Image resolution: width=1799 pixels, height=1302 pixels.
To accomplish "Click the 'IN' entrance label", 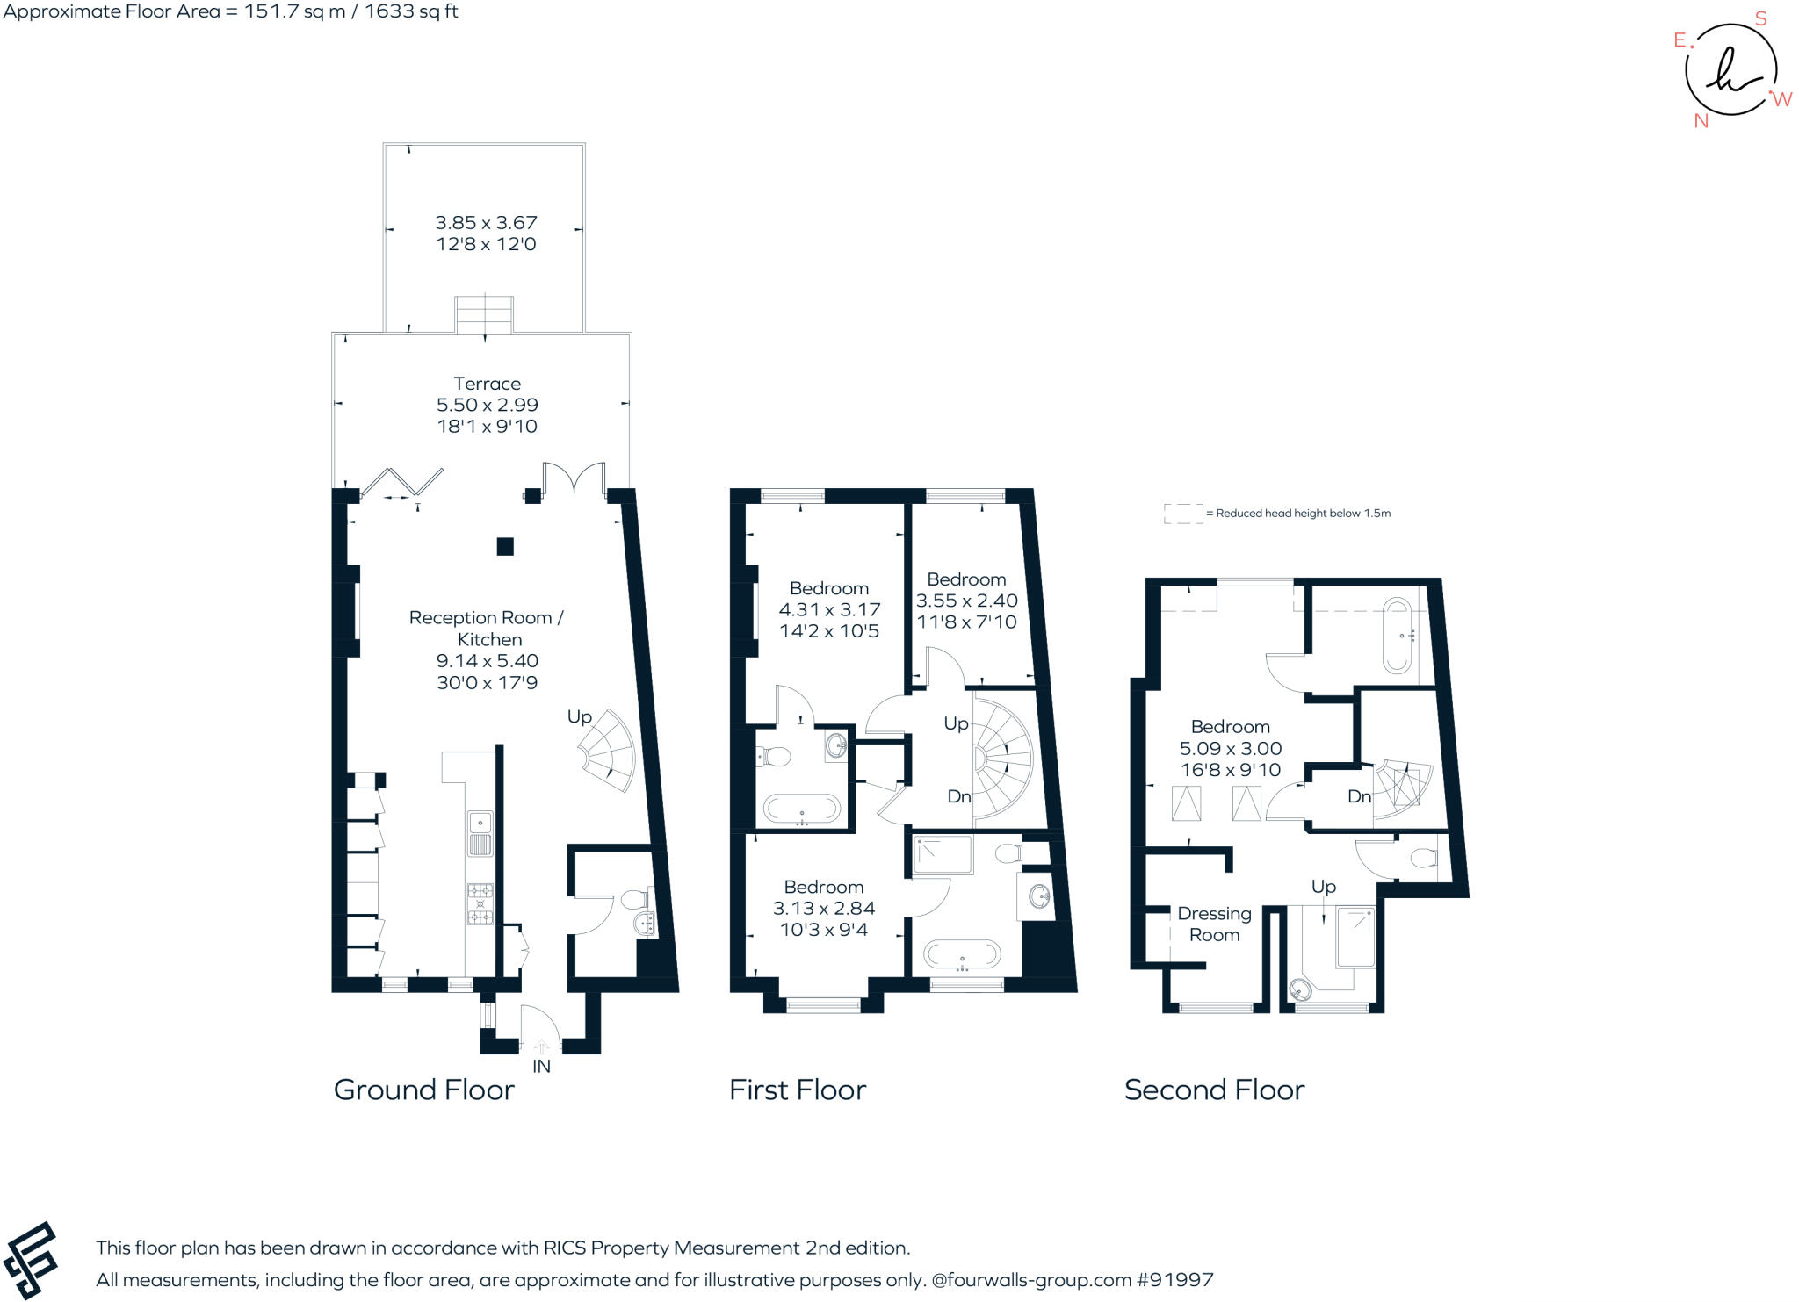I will (x=541, y=1066).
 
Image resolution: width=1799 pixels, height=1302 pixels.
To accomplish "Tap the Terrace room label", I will (x=487, y=384).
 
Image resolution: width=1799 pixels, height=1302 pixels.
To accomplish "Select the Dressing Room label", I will (x=1214, y=924).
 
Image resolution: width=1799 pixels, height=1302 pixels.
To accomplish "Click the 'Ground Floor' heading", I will (x=423, y=1090).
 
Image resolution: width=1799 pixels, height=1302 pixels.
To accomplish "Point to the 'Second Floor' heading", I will (x=1214, y=1090).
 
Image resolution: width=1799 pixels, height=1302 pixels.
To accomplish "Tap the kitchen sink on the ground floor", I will (x=480, y=832).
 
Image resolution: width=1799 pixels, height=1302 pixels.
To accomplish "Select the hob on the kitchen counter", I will (x=480, y=903).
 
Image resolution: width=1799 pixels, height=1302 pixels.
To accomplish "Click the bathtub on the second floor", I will (x=1397, y=635).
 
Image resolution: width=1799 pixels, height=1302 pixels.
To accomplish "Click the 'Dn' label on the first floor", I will (x=958, y=796).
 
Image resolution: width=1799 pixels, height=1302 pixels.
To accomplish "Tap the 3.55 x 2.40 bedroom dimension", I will (x=966, y=601).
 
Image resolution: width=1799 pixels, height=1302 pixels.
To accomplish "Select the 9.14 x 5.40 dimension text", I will (x=487, y=661).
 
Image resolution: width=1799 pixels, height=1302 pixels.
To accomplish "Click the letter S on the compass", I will (x=1760, y=19).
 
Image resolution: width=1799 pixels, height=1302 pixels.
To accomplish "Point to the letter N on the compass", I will (x=1701, y=121).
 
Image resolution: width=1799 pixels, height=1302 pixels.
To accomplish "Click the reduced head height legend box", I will (x=1183, y=514).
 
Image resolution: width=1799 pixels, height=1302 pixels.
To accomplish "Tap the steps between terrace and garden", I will (x=483, y=315).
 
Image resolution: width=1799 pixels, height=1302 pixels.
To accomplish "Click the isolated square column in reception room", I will (x=505, y=547).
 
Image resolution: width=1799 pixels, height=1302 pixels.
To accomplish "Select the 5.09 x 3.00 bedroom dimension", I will (x=1230, y=748).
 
